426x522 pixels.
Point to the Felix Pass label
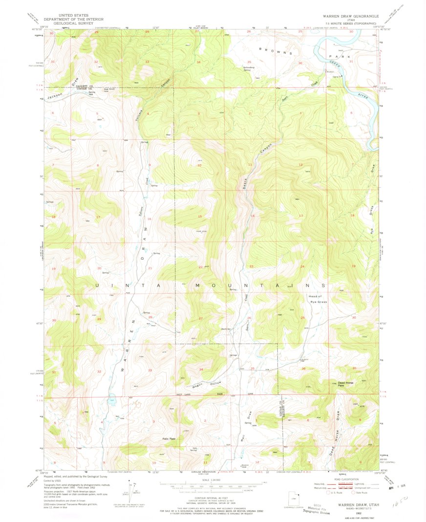coord(169,438)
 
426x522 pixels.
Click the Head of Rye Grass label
coord(318,299)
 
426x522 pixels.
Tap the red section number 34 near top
coord(198,63)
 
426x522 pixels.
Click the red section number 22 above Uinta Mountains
coord(200,267)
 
